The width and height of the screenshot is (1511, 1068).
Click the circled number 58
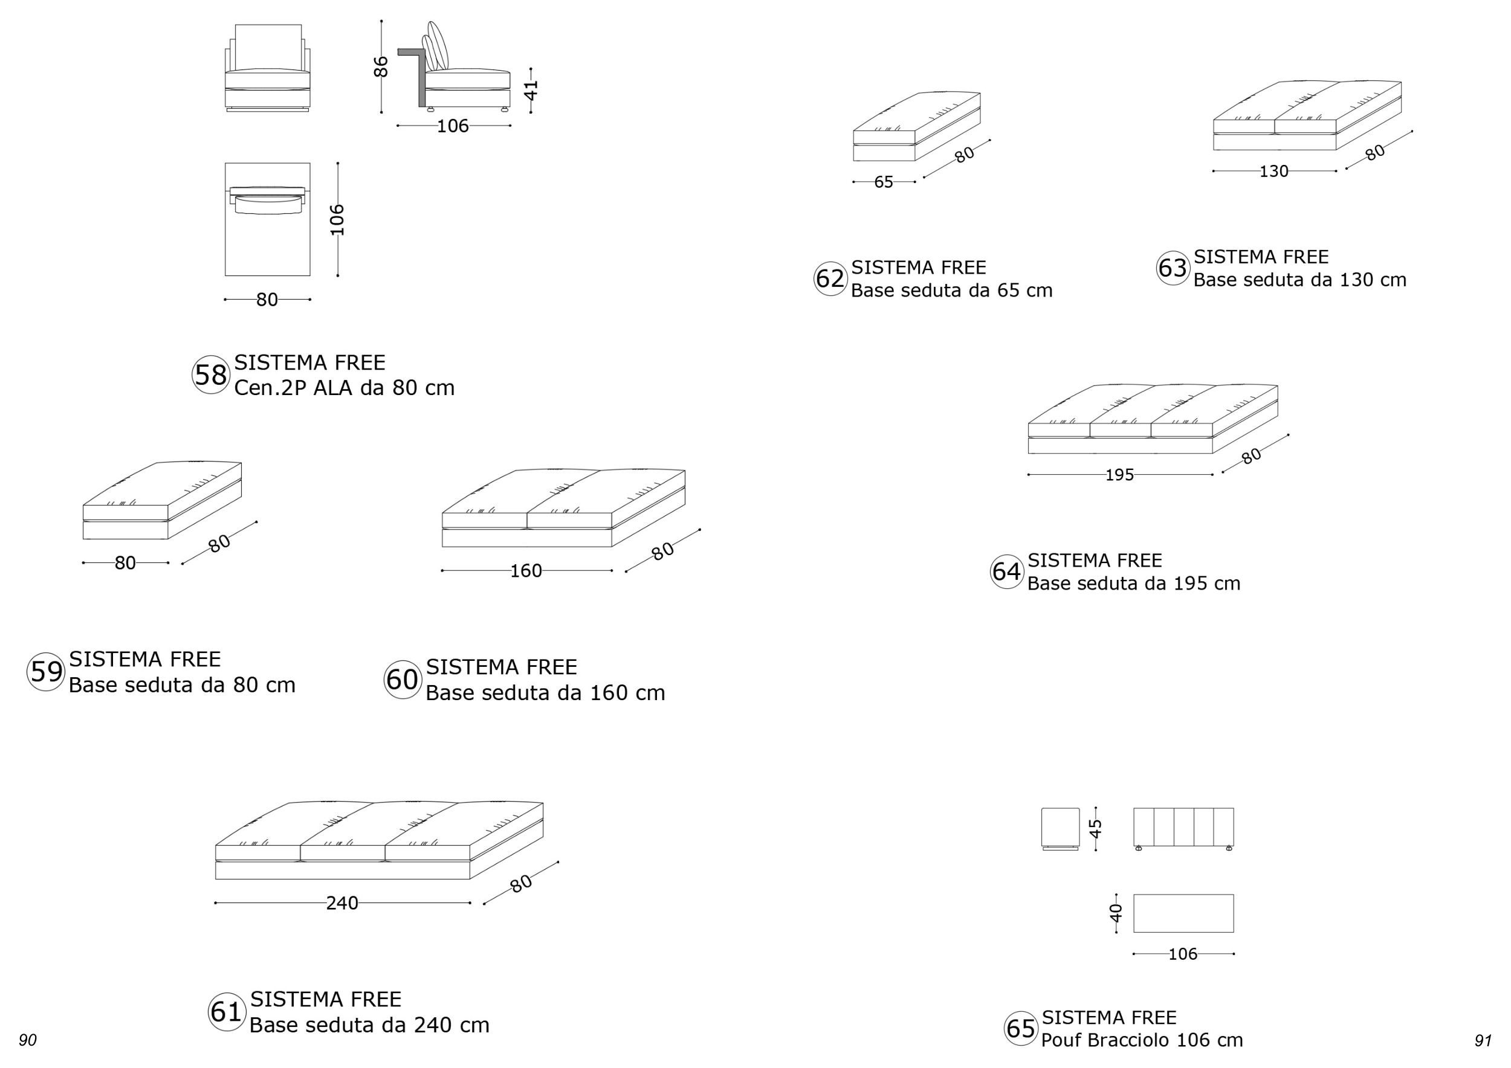210,375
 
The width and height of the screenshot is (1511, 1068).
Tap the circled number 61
227,1011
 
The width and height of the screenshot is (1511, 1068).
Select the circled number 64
1006,571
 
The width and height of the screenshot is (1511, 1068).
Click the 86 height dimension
381,66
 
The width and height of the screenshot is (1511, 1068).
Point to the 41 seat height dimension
531,90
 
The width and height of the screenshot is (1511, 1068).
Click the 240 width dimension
342,904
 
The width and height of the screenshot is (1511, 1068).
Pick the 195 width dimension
1119,475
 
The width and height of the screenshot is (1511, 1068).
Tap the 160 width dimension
526,571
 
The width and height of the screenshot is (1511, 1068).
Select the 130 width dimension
1273,172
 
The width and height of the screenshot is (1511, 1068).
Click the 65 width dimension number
883,182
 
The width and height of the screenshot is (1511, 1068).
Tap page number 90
28,1040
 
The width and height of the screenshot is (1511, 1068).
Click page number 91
1483,1040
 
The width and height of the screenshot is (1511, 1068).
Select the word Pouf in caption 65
1061,1040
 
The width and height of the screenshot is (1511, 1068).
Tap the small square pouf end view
1060,828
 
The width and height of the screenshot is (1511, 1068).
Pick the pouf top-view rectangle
1183,913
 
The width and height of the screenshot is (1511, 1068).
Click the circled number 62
830,279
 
